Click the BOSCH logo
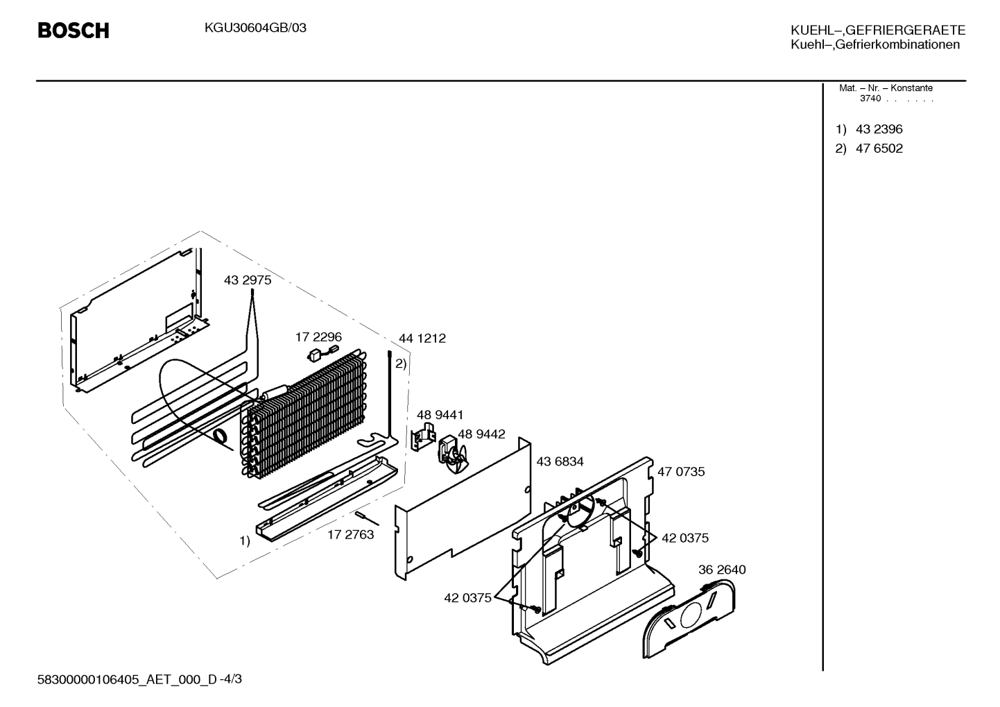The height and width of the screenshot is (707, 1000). pyautogui.click(x=74, y=31)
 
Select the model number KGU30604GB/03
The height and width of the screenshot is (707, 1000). pyautogui.click(x=255, y=28)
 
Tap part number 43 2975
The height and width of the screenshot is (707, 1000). pyautogui.click(x=248, y=280)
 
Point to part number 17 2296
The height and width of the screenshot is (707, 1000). pyautogui.click(x=318, y=337)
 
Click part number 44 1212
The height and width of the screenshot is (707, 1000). pyautogui.click(x=422, y=338)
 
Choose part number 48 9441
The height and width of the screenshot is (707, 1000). pyautogui.click(x=440, y=415)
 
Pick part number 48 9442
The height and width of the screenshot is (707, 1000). pyautogui.click(x=482, y=434)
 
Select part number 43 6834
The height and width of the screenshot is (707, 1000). pyautogui.click(x=560, y=461)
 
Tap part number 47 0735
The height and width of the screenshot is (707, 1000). pyautogui.click(x=681, y=471)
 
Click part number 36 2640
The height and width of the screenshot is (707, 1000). pyautogui.click(x=722, y=570)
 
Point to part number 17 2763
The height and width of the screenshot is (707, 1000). pyautogui.click(x=350, y=534)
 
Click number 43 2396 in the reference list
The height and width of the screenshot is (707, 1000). pyautogui.click(x=879, y=129)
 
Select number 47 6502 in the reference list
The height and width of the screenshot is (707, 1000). pyautogui.click(x=879, y=148)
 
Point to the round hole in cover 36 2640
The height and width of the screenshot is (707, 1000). pyautogui.click(x=691, y=615)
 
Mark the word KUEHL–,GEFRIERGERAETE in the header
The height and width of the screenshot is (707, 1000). pyautogui.click(x=878, y=30)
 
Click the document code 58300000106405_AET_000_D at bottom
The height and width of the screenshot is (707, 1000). pyautogui.click(x=127, y=679)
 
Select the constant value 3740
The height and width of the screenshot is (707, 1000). pyautogui.click(x=870, y=99)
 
